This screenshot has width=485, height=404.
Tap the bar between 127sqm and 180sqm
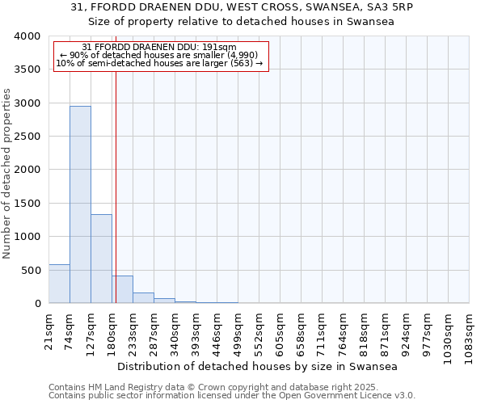pyautogui.click(x=101, y=259)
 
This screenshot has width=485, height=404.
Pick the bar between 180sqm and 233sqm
pyautogui.click(x=122, y=289)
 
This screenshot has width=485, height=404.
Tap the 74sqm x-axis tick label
pyautogui.click(x=70, y=330)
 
